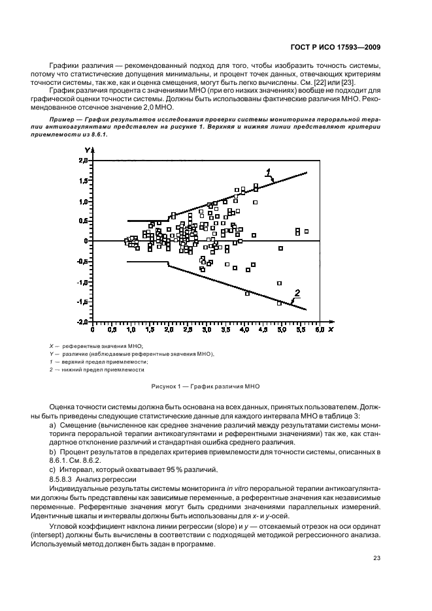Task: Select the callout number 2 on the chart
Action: pos(297,292)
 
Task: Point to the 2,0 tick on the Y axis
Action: pos(84,160)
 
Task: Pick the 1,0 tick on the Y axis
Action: pos(84,201)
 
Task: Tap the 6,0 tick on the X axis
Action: pos(319,331)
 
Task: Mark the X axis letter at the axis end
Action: pos(331,330)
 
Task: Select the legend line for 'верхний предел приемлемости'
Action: pos(105,361)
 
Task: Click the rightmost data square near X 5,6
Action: pos(306,231)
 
